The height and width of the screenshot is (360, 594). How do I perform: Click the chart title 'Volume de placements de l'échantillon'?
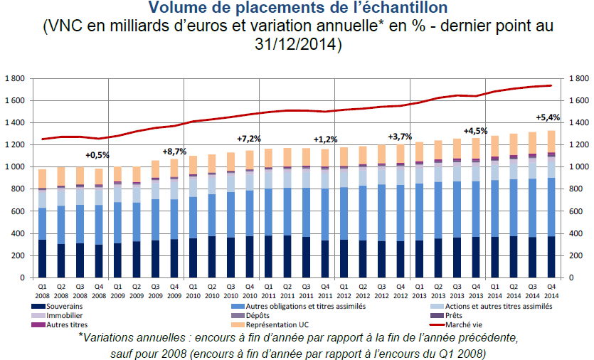pyautogui.click(x=298, y=9)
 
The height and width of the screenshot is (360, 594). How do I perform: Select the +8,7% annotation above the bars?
pyautogui.click(x=175, y=152)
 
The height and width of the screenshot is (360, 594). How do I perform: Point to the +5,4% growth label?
pyautogui.click(x=548, y=117)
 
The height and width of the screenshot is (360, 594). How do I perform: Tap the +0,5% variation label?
pyautogui.click(x=98, y=155)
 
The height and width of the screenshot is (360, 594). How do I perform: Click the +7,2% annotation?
pyautogui.click(x=250, y=138)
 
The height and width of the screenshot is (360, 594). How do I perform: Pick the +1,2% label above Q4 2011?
pyautogui.click(x=325, y=139)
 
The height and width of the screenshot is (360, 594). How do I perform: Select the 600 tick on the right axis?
pyautogui.click(x=575, y=211)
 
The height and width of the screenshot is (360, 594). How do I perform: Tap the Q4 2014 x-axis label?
pyautogui.click(x=551, y=292)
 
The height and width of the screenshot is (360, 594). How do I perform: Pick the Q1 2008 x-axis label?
pyautogui.click(x=43, y=292)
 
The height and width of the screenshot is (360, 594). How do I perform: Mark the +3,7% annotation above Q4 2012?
pyautogui.click(x=401, y=136)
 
